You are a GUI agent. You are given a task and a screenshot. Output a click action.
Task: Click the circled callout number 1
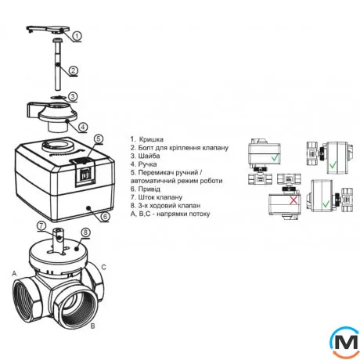point(77,36)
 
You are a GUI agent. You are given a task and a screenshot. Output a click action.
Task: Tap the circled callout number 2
point(74,70)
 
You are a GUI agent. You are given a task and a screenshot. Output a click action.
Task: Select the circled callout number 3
point(73,97)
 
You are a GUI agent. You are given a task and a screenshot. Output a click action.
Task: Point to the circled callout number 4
point(83,127)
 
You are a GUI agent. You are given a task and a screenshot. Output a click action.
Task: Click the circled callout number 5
point(98,139)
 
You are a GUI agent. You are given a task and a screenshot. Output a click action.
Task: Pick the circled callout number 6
point(105,216)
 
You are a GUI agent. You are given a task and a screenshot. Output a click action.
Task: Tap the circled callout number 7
point(41,225)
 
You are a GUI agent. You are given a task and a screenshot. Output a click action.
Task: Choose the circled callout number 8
point(86,232)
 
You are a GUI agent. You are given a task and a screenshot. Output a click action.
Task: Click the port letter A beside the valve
point(14,274)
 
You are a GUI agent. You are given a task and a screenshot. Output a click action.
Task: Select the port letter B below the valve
point(92,326)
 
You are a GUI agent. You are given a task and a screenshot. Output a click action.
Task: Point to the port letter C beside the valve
point(103,268)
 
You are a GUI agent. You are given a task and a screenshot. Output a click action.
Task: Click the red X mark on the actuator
point(293,200)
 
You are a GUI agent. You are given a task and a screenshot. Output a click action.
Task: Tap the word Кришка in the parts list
point(151,139)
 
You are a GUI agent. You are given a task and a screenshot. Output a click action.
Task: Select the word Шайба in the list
point(149,156)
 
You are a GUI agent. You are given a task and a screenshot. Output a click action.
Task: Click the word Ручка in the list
point(147,164)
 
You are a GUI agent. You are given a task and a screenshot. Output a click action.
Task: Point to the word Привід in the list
point(149,189)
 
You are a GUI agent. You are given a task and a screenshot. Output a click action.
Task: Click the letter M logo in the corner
point(345,342)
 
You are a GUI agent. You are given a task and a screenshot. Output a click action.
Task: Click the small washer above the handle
point(58,98)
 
